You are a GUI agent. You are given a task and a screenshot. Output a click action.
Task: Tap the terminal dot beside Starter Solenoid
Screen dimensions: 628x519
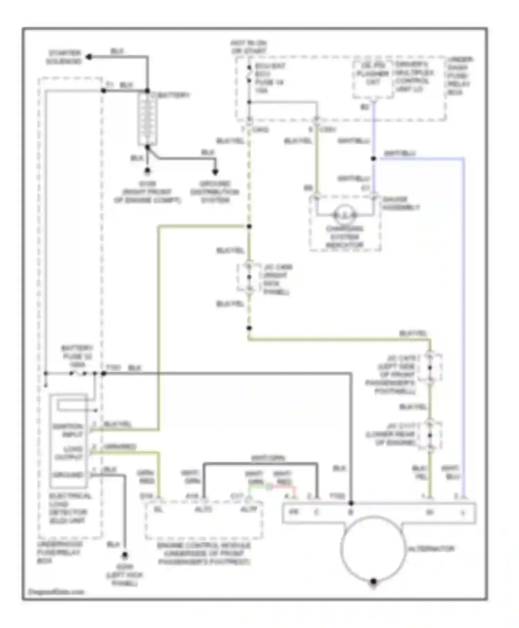pyautogui.click(x=89, y=57)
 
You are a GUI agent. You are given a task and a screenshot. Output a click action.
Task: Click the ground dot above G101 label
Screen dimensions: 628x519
pyautogui.click(x=147, y=171)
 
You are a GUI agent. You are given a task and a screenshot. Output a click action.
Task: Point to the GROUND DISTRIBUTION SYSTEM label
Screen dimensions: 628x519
pyautogui.click(x=215, y=192)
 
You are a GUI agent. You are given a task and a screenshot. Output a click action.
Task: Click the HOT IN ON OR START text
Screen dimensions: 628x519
pyautogui.click(x=249, y=47)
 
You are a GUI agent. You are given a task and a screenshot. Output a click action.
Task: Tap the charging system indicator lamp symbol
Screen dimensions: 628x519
pyautogui.click(x=345, y=215)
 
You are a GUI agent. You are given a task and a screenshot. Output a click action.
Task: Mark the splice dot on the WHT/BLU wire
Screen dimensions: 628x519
pyautogui.click(x=374, y=159)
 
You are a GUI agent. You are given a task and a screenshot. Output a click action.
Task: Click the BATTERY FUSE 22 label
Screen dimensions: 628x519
pyautogui.click(x=77, y=356)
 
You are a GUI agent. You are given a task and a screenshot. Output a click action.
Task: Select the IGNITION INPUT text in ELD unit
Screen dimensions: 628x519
pyautogui.click(x=68, y=430)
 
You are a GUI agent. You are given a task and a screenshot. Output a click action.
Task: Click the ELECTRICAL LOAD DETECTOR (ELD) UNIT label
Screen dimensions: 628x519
pyautogui.click(x=69, y=508)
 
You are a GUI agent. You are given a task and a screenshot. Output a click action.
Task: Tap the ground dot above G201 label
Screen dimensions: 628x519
pyautogui.click(x=125, y=555)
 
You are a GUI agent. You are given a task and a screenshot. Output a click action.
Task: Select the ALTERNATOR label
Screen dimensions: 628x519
pyautogui.click(x=431, y=549)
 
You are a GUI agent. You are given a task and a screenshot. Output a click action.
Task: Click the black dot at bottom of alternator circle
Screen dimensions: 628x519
pyautogui.click(x=373, y=582)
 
